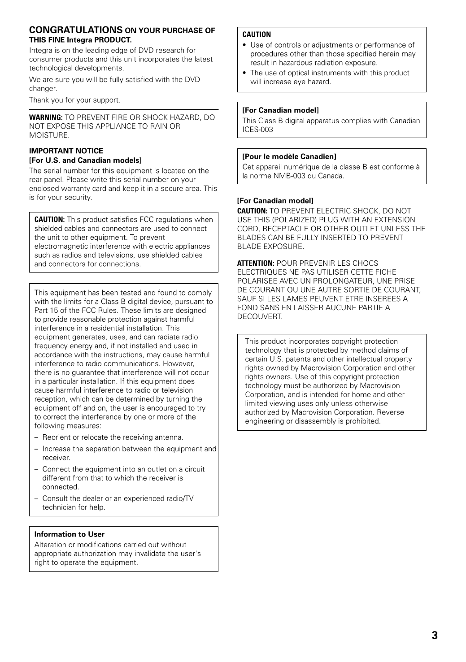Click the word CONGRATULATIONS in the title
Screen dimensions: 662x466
pyautogui.click(x=76, y=30)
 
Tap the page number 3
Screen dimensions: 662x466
pyautogui.click(x=435, y=635)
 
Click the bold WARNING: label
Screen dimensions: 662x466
pyautogui.click(x=46, y=117)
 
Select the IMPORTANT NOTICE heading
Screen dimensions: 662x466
pyautogui.click(x=66, y=151)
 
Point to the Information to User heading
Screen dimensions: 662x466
pyautogui.click(x=70, y=534)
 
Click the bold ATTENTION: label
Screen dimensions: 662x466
pyautogui.click(x=256, y=264)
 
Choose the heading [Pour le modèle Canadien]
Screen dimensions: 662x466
pyautogui.click(x=289, y=156)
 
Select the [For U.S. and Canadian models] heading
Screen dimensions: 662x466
pyautogui.click(x=85, y=160)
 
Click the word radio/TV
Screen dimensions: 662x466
pyautogui.click(x=179, y=498)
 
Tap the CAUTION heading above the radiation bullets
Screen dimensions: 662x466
pyautogui.click(x=257, y=35)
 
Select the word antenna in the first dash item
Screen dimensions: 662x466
pyautogui.click(x=170, y=437)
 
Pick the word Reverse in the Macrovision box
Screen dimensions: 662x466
pyautogui.click(x=390, y=412)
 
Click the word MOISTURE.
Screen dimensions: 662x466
pyautogui.click(x=49, y=135)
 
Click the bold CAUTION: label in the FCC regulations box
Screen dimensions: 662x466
pyautogui.click(x=50, y=220)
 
